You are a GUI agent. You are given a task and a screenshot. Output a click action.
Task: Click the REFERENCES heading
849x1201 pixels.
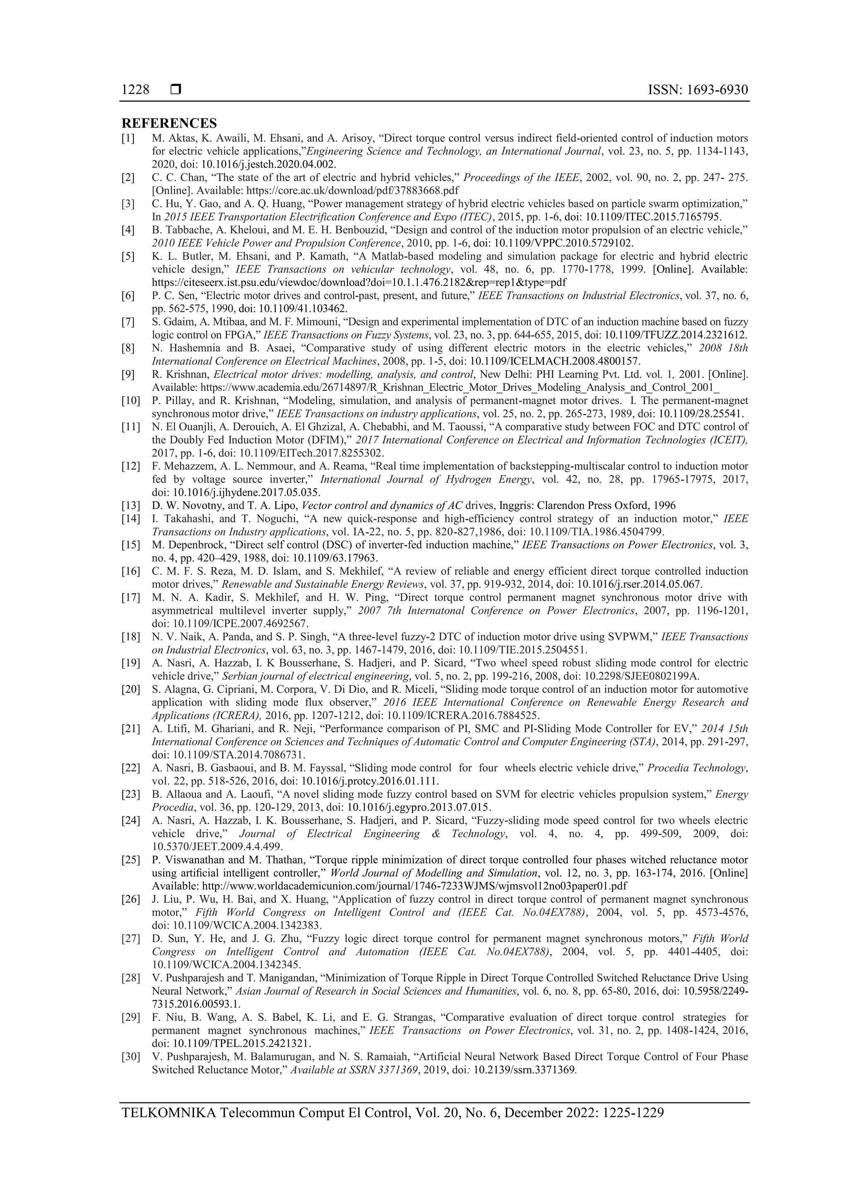click(169, 124)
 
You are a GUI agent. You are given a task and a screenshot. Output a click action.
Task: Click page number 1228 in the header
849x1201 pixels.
click(135, 90)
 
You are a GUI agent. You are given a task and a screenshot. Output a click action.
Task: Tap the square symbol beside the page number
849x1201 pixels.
click(176, 90)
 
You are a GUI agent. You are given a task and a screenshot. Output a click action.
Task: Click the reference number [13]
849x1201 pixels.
click(131, 505)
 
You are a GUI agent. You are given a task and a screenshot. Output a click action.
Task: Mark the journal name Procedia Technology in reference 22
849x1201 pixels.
click(697, 768)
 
